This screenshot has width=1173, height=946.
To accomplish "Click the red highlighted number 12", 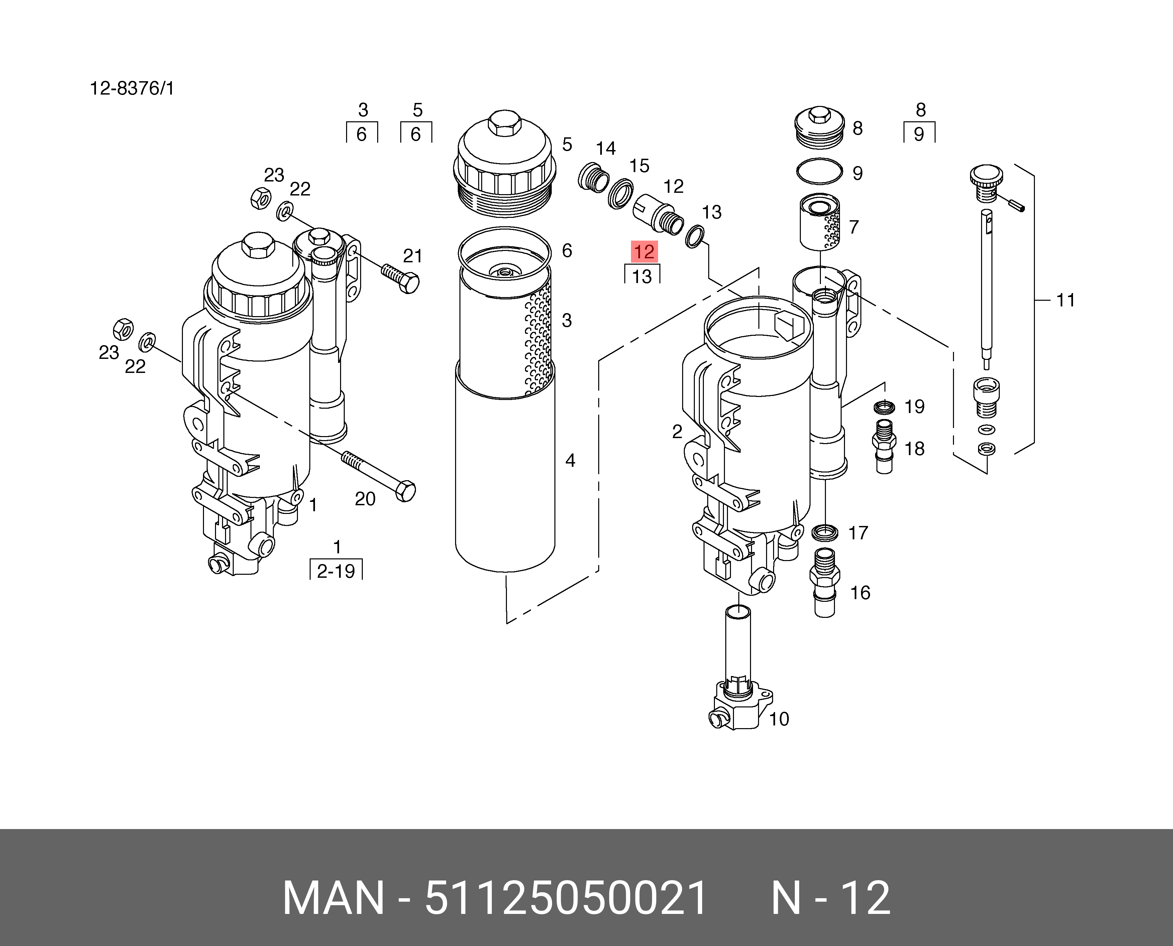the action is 644,252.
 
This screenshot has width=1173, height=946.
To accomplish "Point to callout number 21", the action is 412,256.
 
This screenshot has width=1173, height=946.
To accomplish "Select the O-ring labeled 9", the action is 820,172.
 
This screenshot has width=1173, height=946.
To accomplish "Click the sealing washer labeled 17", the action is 825,532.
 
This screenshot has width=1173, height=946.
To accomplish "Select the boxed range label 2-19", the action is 336,571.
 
